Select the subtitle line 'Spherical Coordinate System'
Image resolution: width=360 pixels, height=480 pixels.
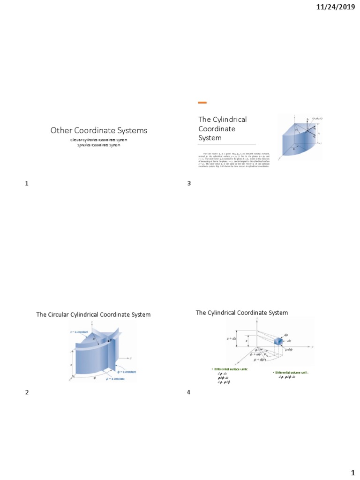click(x=98, y=145)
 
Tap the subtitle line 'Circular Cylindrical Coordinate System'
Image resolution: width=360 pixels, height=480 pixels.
click(x=98, y=140)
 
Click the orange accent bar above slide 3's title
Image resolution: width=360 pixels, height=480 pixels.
click(x=202, y=102)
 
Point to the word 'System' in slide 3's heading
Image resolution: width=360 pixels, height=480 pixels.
click(x=210, y=138)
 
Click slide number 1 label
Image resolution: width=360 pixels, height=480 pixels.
click(x=27, y=183)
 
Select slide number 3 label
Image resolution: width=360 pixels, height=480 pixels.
click(x=189, y=183)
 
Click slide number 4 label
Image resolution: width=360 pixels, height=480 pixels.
click(x=189, y=392)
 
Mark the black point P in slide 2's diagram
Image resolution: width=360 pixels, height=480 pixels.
click(x=109, y=341)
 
